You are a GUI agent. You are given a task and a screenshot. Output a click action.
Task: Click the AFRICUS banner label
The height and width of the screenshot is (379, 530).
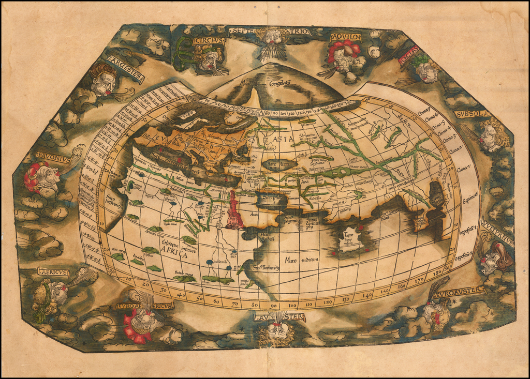pyautogui.click(x=53, y=271)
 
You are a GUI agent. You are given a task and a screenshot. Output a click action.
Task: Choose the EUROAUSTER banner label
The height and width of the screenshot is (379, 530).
pyautogui.click(x=460, y=292)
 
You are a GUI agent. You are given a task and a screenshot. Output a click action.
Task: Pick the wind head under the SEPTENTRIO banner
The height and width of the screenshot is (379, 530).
pyautogui.click(x=273, y=38)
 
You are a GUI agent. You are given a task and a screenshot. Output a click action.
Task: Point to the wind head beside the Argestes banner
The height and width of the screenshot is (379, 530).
pyautogui.click(x=104, y=82)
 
